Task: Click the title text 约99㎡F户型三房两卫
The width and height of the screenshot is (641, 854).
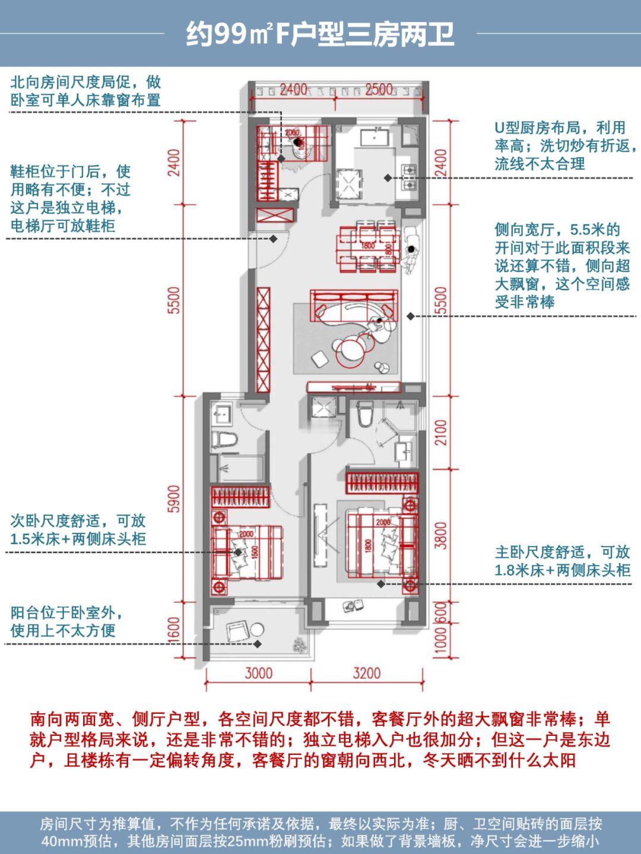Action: pos(320,34)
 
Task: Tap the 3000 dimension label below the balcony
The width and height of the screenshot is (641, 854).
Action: pos(259,673)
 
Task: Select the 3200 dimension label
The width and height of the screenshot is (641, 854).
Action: pos(366,673)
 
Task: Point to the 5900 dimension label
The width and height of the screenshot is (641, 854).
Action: pos(173,500)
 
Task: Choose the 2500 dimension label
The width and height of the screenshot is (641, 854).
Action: pos(379,89)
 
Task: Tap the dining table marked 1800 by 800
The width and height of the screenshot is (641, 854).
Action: pos(368,245)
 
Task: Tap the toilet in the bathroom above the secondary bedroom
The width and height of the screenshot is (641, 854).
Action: pos(225,440)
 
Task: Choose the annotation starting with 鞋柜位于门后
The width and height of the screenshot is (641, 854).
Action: pos(70,199)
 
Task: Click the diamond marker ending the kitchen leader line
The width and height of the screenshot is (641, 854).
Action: pos(387,177)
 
